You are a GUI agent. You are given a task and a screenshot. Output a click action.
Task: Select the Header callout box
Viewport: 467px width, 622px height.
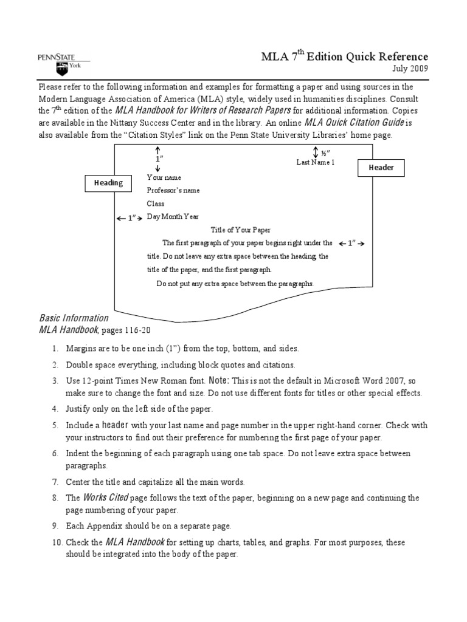[382, 168]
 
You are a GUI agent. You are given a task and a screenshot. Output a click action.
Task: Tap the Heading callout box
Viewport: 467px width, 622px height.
[108, 182]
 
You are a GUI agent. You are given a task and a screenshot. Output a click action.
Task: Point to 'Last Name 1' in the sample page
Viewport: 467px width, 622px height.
[315, 162]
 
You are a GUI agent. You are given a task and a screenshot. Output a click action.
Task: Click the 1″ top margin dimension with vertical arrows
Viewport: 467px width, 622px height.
[157, 158]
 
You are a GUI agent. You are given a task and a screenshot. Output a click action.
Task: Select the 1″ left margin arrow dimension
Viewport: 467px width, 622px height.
[130, 217]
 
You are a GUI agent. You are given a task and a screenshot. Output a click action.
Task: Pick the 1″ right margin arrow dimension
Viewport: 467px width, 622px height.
[351, 244]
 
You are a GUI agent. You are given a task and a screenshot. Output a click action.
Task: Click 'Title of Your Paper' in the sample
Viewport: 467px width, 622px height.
[240, 230]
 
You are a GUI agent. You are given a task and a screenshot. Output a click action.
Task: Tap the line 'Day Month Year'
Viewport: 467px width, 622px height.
[172, 217]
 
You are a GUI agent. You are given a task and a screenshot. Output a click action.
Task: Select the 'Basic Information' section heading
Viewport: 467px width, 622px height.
[74, 318]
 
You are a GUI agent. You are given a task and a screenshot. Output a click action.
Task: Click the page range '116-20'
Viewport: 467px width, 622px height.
[137, 330]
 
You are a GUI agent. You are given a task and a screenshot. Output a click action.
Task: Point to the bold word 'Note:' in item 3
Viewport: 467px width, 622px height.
[218, 380]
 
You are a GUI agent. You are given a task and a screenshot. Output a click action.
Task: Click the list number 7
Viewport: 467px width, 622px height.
[55, 482]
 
